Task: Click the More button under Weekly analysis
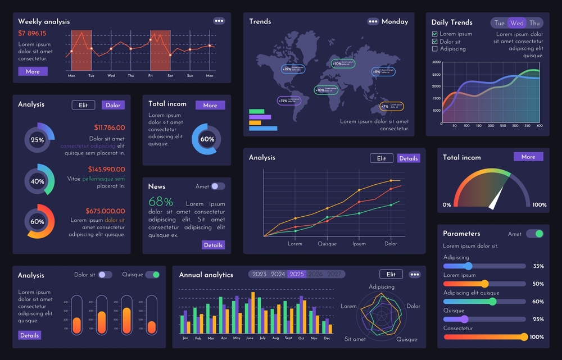tap(33, 71)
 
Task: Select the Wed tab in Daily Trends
tap(517, 23)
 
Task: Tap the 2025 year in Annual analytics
tap(297, 274)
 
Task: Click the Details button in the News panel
tap(213, 245)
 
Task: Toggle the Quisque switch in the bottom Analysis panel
tap(152, 275)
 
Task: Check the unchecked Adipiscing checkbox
tap(434, 49)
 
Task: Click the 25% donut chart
tap(38, 140)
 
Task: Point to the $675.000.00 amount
tap(105, 211)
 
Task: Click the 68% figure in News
tap(161, 202)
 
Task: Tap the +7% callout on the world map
tap(392, 106)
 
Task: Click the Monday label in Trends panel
tap(395, 21)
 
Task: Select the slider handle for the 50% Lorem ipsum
tap(485, 284)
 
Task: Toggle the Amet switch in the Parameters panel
tap(534, 234)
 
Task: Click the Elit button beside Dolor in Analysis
tap(83, 105)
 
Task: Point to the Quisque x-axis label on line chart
tap(327, 244)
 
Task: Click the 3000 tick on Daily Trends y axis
tap(436, 62)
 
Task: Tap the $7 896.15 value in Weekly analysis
tap(32, 33)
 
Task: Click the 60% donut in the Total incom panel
tap(207, 139)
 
